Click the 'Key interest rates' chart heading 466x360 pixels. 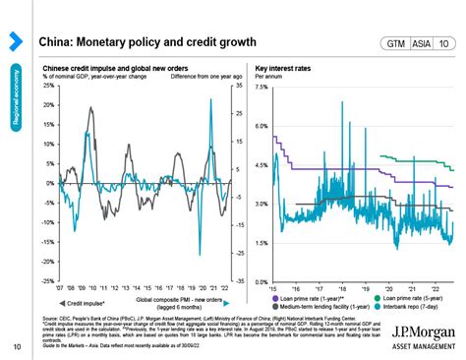click(284, 69)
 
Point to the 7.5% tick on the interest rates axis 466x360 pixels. click(262, 88)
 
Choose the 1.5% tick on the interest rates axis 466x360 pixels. click(262, 242)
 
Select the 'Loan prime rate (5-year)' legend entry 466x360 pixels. click(414, 297)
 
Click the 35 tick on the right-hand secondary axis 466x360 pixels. click(237, 86)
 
